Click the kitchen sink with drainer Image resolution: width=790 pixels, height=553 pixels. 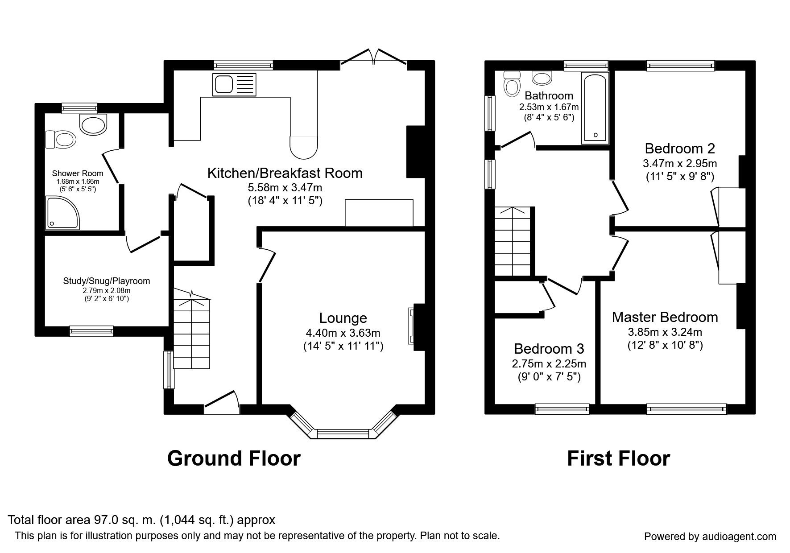pos(235,84)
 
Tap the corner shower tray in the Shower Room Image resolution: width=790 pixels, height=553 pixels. pos(62,213)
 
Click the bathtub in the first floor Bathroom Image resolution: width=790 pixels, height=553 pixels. pos(595,108)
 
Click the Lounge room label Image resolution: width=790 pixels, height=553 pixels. pos(343,318)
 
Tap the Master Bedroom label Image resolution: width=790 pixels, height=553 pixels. pos(665,317)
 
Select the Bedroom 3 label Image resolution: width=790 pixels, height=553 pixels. pos(549,348)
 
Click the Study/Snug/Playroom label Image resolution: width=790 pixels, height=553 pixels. pos(107,281)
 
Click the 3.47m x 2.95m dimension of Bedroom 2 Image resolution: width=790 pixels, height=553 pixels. pos(680,163)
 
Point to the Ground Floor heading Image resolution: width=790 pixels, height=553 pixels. pos(234,458)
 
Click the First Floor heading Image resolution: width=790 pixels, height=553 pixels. pos(618,458)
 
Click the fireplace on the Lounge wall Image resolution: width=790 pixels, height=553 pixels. pos(411,326)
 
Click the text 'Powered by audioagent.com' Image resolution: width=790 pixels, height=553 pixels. pos(710,536)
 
